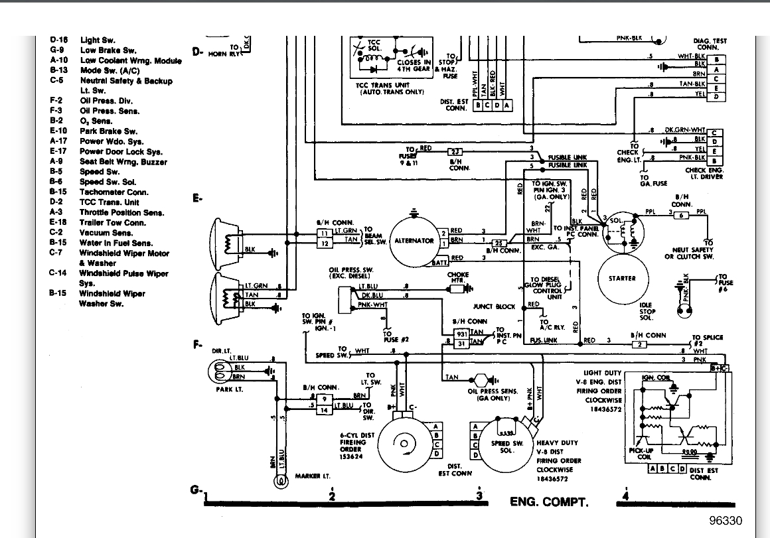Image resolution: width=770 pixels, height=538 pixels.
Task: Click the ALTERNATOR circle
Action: coord(414,241)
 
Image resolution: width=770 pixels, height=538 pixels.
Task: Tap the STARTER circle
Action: coord(621,279)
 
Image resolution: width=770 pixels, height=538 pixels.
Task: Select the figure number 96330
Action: coord(725,521)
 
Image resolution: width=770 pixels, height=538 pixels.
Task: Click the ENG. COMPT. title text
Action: coord(548,501)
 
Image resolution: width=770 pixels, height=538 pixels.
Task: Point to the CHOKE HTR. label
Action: coord(458,278)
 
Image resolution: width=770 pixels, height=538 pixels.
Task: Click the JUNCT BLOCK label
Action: coord(494,306)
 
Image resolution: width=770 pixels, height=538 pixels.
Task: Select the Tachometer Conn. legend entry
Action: coord(114,192)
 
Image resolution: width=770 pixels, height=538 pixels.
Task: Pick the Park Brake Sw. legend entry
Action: coord(108,131)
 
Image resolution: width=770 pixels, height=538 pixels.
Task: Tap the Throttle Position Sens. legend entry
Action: coord(121,213)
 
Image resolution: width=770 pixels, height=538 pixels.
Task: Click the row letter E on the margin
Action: coord(196,198)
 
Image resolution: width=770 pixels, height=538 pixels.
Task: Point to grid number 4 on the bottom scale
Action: coord(625,494)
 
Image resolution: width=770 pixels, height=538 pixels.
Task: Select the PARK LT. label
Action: coord(229,389)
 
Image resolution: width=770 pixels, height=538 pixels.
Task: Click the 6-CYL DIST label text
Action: coord(356,435)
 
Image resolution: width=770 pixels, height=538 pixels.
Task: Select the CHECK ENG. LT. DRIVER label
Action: coord(704,174)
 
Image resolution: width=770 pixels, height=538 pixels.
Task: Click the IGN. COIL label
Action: coord(656,378)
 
